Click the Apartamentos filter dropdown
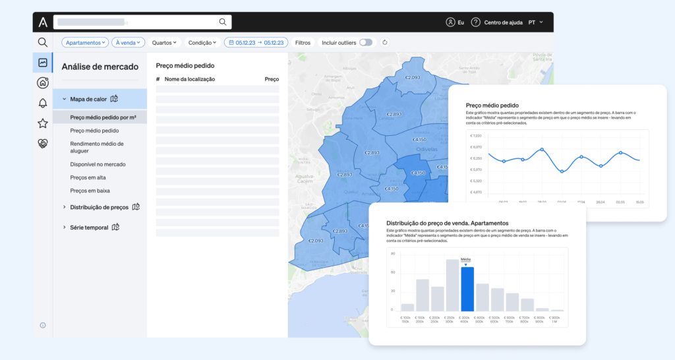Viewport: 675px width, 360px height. click(x=85, y=42)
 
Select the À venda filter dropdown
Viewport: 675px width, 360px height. click(x=128, y=42)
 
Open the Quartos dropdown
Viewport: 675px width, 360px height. click(x=164, y=42)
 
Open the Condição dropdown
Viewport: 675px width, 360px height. click(x=202, y=42)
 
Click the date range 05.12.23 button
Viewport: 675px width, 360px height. click(x=256, y=42)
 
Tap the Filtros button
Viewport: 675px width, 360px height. click(x=303, y=42)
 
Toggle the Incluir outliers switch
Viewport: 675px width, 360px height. click(x=365, y=42)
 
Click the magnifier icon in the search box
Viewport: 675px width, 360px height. click(x=222, y=22)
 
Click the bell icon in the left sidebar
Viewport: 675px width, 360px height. click(x=43, y=103)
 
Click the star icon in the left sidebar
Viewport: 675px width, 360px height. click(x=43, y=123)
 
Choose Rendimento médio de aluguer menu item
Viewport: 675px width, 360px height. click(x=97, y=147)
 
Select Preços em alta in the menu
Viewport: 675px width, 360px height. click(x=88, y=177)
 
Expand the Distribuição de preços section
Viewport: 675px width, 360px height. click(x=99, y=207)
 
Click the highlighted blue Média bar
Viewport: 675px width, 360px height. click(x=467, y=289)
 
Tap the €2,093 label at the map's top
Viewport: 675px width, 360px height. click(x=412, y=78)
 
